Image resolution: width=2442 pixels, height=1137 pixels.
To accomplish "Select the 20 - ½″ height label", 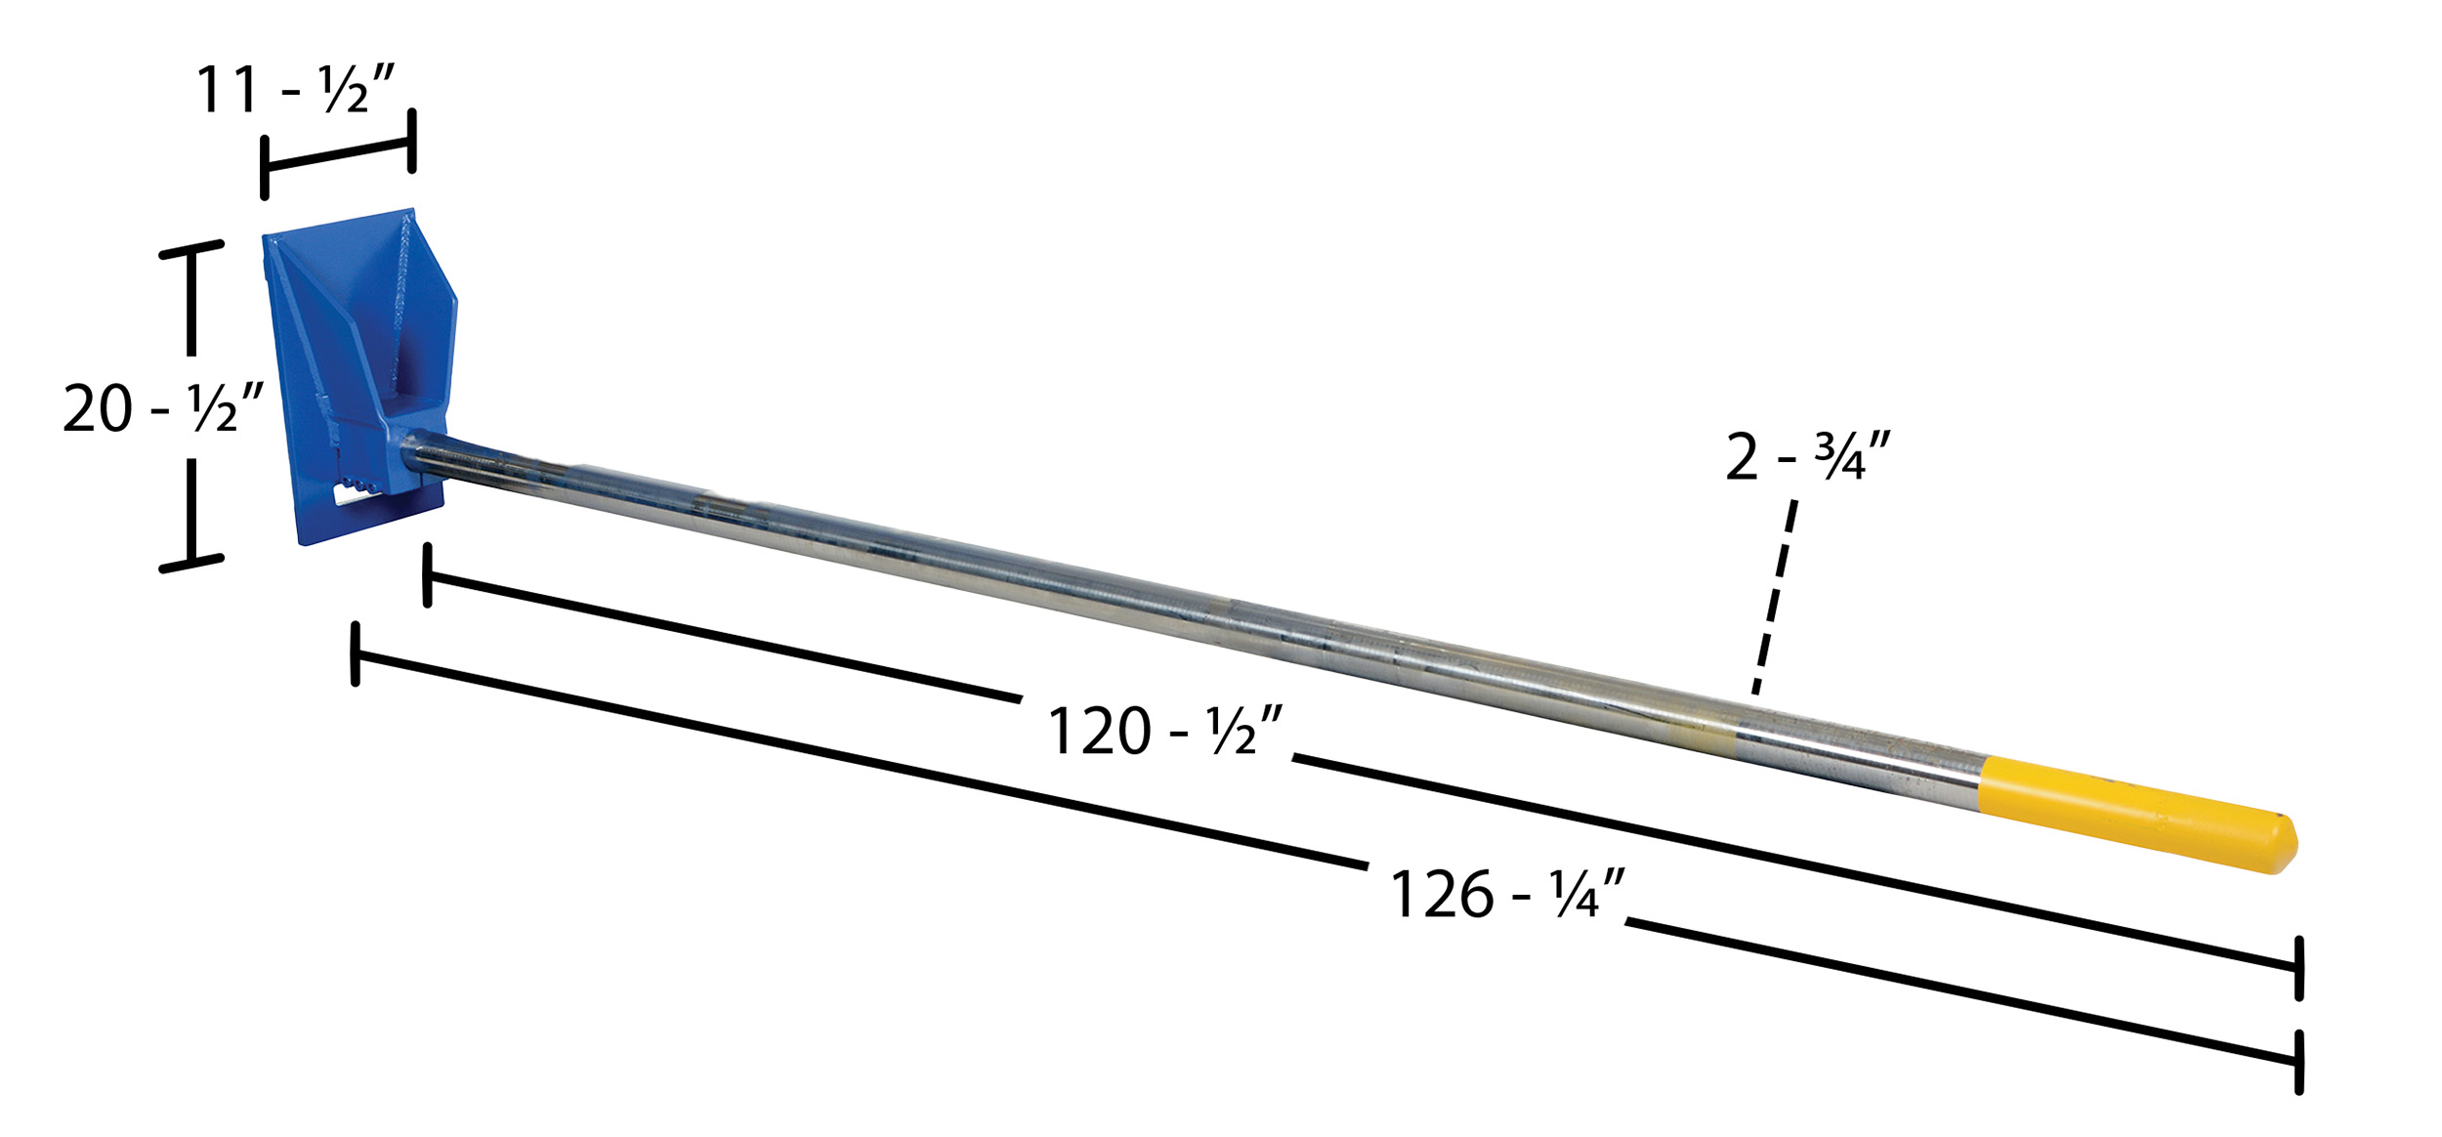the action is (163, 407).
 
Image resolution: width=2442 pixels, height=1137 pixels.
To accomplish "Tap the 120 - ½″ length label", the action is (1163, 731).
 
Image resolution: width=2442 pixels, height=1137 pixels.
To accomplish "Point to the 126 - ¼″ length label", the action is (1506, 894).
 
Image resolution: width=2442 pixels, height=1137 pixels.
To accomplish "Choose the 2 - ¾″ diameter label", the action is (1808, 456).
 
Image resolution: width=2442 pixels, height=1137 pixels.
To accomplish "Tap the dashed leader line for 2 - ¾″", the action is (1774, 597).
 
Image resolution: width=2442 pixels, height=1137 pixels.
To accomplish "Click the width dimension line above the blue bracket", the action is (338, 155).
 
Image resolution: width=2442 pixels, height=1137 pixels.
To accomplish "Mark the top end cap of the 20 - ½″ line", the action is (191, 249).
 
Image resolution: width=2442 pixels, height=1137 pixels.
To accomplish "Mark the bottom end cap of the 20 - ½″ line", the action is (191, 564).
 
